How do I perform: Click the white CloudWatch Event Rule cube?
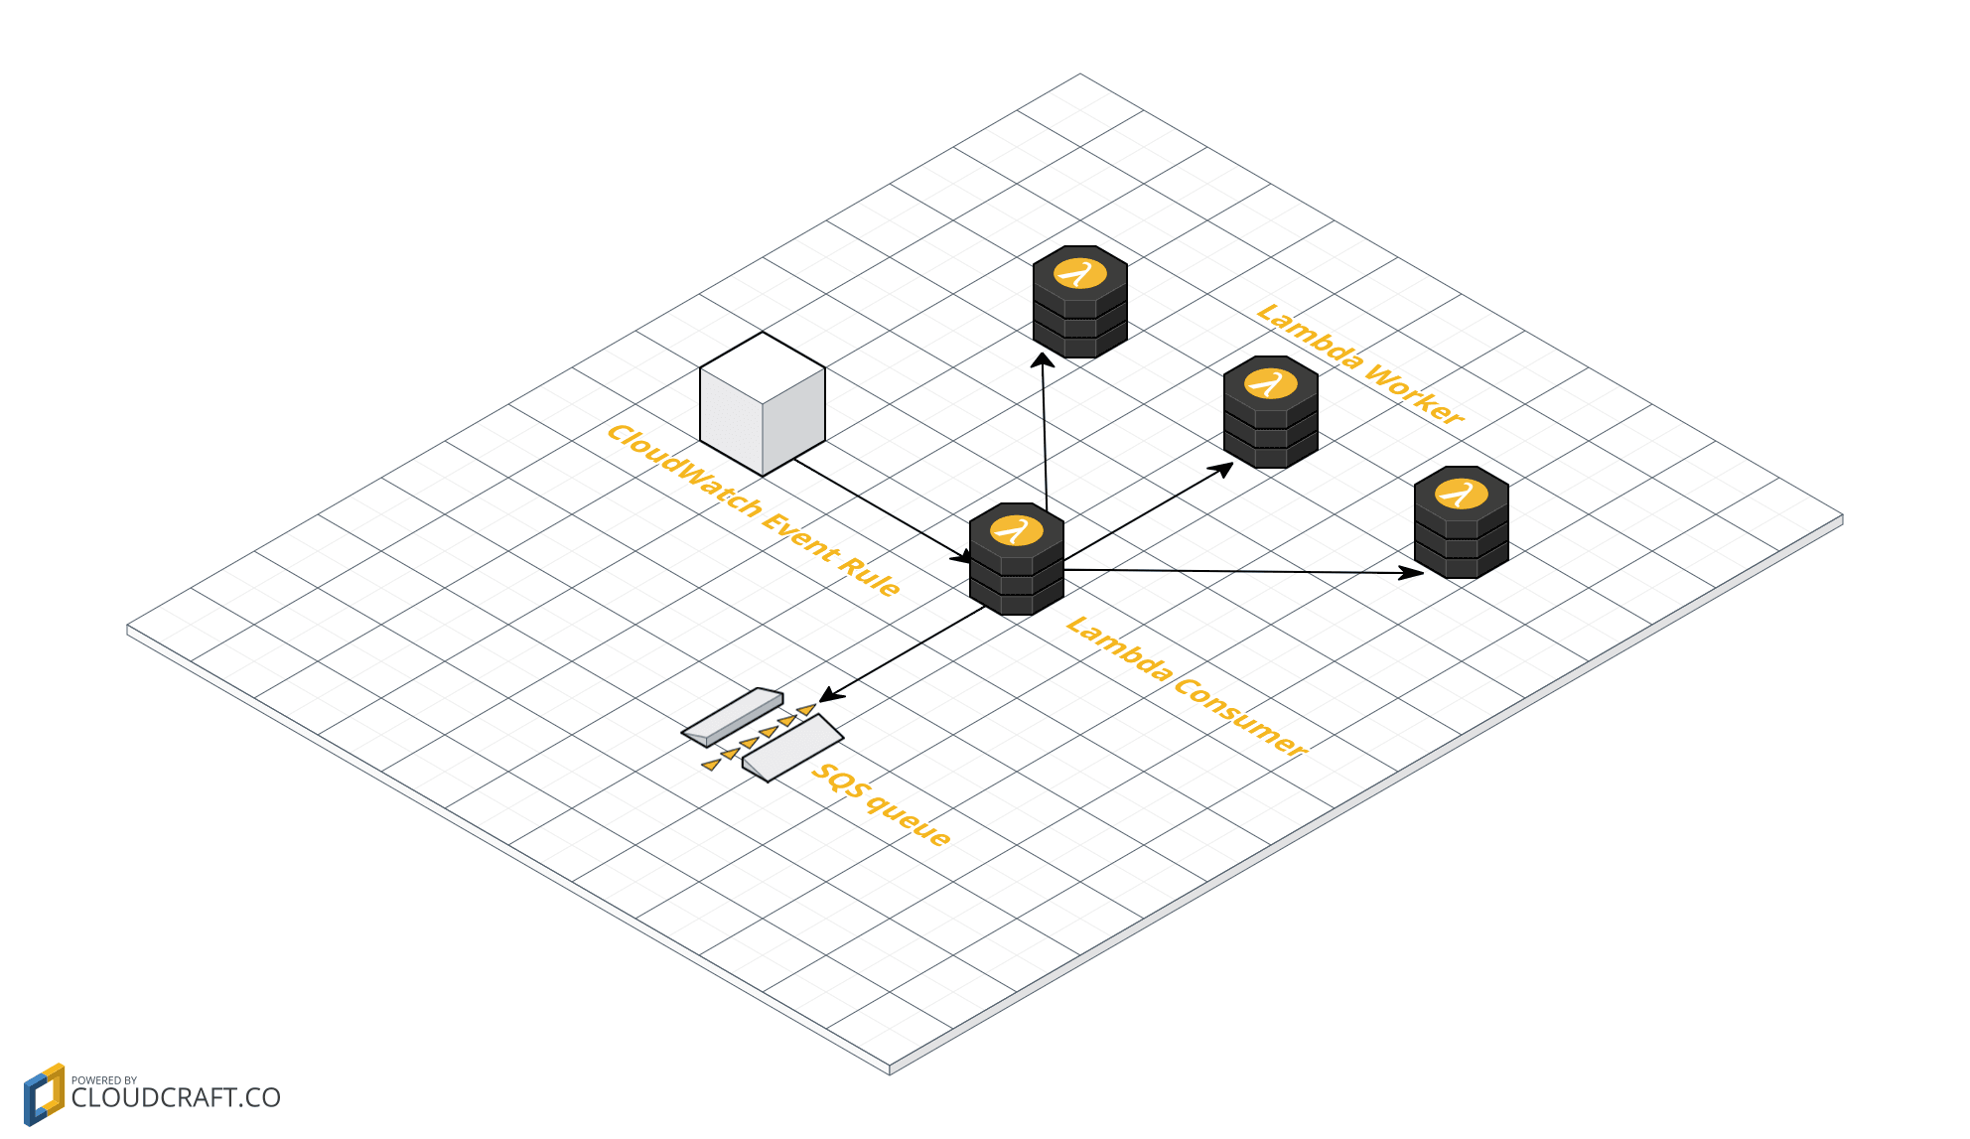[x=763, y=404]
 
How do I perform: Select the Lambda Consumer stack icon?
[x=1016, y=560]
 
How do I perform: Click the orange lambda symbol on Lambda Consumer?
[x=1017, y=530]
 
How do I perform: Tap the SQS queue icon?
[x=763, y=735]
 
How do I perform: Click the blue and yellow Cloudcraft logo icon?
[x=44, y=1094]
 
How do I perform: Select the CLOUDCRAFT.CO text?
[x=176, y=1098]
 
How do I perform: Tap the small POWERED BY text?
[x=104, y=1080]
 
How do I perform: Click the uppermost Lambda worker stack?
[x=1079, y=302]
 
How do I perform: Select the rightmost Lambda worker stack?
[x=1461, y=522]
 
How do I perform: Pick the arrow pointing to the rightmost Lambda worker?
[x=1241, y=571]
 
